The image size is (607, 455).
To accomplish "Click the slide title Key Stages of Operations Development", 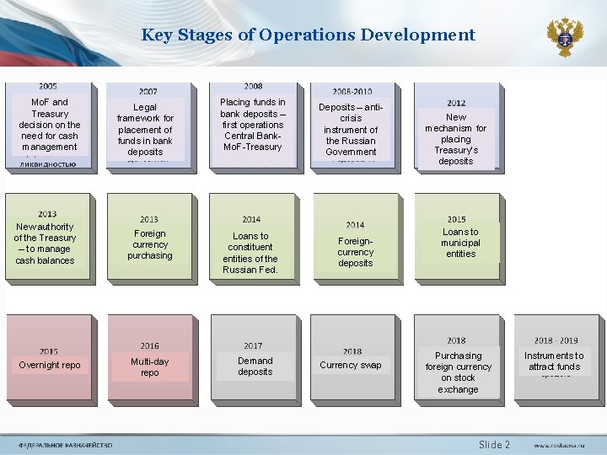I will pyautogui.click(x=308, y=35).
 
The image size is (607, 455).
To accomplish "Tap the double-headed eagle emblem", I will pyautogui.click(x=564, y=37).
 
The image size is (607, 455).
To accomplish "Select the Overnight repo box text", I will pyautogui.click(x=50, y=365).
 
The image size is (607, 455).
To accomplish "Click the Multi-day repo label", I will pyautogui.click(x=149, y=367).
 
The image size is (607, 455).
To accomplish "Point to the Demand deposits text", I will pyautogui.click(x=255, y=366).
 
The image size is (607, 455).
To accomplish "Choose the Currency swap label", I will pyautogui.click(x=351, y=365).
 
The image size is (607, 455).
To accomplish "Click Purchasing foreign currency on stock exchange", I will pyautogui.click(x=458, y=372).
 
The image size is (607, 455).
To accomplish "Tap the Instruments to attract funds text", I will pyautogui.click(x=554, y=361).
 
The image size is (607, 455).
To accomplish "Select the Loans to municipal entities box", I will pyautogui.click(x=460, y=243).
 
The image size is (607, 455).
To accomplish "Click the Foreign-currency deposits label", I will pyautogui.click(x=355, y=252).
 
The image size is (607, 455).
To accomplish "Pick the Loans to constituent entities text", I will pyautogui.click(x=250, y=253).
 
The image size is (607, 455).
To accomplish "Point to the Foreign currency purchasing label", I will pyautogui.click(x=149, y=244).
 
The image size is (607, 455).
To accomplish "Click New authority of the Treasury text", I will pyautogui.click(x=45, y=244).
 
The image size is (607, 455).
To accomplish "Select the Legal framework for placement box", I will pyautogui.click(x=145, y=130).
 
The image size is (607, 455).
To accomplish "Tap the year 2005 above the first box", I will pyautogui.click(x=48, y=86).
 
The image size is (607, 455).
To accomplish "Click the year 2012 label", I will pyautogui.click(x=456, y=103).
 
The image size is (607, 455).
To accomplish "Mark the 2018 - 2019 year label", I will pyautogui.click(x=556, y=340).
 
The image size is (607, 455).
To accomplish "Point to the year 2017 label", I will pyautogui.click(x=253, y=345).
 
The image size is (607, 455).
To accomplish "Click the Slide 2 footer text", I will pyautogui.click(x=494, y=444).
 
